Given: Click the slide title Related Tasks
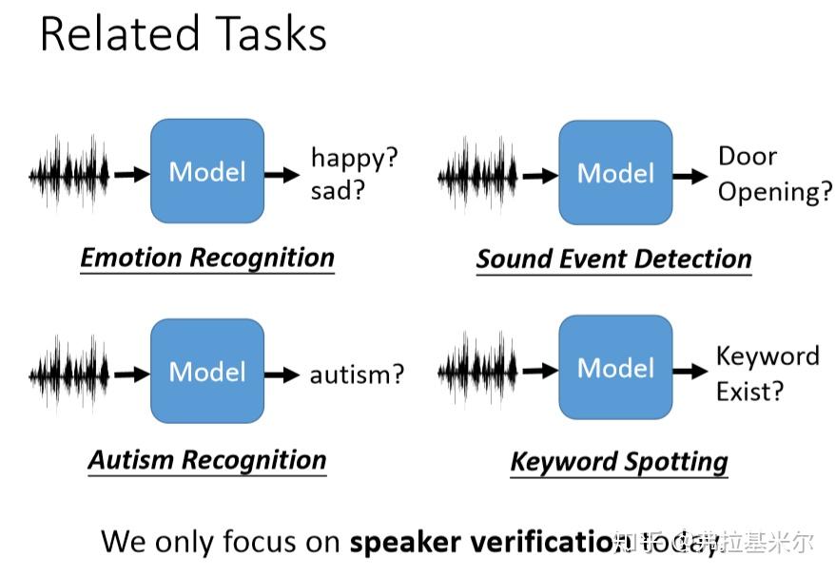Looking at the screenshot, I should tap(183, 35).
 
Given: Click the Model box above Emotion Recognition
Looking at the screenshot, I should tap(207, 171).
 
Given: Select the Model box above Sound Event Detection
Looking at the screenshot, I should tap(615, 173).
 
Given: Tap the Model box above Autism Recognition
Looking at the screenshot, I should tap(207, 371).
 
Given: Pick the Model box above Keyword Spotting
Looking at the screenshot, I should tap(615, 368).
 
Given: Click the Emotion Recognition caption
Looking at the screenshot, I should tap(207, 258).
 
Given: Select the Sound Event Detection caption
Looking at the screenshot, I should tap(613, 259).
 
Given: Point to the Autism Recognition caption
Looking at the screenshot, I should tap(207, 460).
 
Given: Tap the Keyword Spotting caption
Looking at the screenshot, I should tap(619, 462).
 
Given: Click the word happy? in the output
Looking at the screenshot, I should tap(354, 157).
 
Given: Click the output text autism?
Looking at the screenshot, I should tap(357, 374).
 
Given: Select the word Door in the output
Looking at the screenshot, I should tap(747, 157).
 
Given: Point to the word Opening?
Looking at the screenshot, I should tap(774, 192).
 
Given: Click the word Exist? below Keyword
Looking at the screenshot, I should tap(750, 391).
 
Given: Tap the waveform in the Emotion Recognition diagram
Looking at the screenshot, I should tap(68, 173).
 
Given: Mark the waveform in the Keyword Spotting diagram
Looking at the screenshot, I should tap(477, 369).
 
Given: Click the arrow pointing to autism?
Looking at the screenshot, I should tap(282, 374).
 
